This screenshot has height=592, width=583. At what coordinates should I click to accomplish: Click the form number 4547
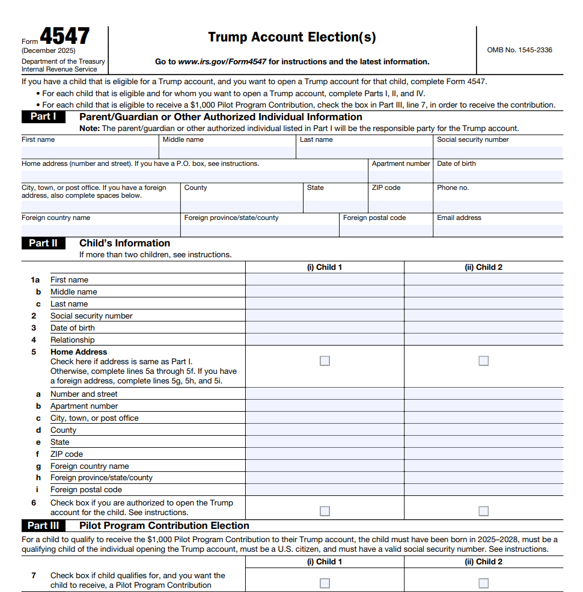pyautogui.click(x=65, y=37)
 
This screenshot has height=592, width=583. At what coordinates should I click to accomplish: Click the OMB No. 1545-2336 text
pyautogui.click(x=519, y=50)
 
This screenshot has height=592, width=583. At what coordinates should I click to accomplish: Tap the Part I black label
pyautogui.click(x=43, y=117)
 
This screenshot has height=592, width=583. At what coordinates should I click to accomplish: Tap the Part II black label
pyautogui.click(x=43, y=243)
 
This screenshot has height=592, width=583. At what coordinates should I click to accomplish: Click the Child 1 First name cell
pyautogui.click(x=325, y=279)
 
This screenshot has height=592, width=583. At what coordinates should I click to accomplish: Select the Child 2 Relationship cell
pyautogui.click(x=484, y=340)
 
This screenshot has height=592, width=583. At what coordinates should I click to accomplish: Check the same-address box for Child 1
pyautogui.click(x=325, y=361)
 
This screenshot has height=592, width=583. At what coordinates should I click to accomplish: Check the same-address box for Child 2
pyautogui.click(x=484, y=361)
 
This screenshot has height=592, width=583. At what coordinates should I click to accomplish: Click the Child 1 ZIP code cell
pyautogui.click(x=325, y=454)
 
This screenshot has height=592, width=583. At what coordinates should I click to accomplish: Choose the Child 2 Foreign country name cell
pyautogui.click(x=484, y=466)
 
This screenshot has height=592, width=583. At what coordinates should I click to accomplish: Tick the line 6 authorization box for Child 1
pyautogui.click(x=325, y=511)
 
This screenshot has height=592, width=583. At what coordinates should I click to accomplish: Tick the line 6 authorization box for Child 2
pyautogui.click(x=484, y=511)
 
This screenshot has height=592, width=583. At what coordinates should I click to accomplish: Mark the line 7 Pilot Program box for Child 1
pyautogui.click(x=325, y=583)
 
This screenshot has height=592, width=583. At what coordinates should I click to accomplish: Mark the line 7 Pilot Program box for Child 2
pyautogui.click(x=484, y=583)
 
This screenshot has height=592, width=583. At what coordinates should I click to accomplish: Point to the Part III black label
pyautogui.click(x=44, y=525)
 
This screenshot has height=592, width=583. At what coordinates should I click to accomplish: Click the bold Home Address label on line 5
pyautogui.click(x=79, y=352)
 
